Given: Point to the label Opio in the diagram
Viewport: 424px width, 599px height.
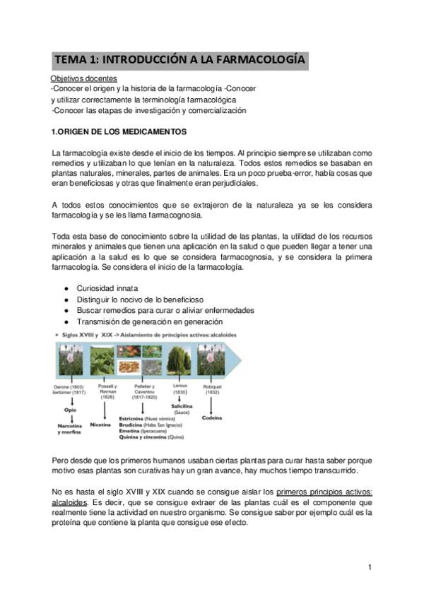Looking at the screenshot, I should point(69,409).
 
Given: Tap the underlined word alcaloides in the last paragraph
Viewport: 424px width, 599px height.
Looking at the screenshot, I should point(73,502).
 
